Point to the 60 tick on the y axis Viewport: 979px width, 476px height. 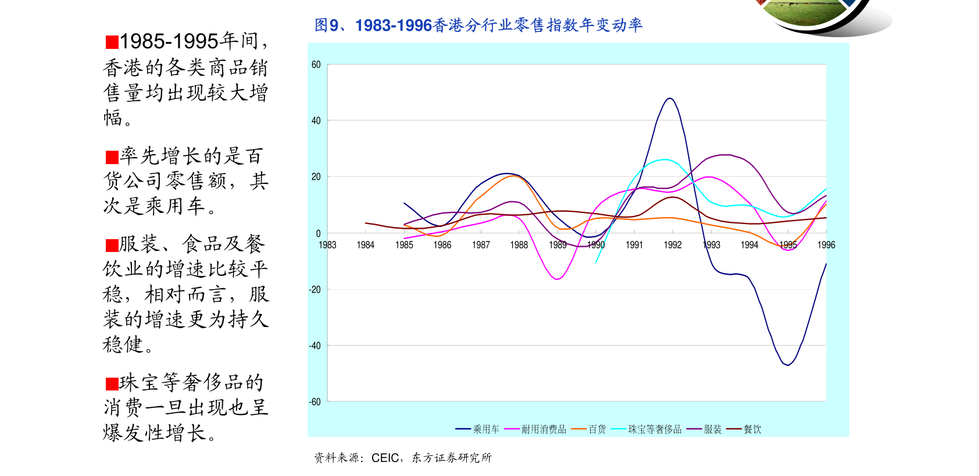316,65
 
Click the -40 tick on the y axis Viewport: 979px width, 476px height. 315,346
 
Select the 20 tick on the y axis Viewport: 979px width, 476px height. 316,177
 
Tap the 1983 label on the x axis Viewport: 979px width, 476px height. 327,245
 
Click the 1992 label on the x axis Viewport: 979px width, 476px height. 673,245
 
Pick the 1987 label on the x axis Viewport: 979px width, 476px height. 481,245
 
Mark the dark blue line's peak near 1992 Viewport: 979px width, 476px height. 670,98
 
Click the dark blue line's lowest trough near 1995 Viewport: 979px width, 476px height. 788,365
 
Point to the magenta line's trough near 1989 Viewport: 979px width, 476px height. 557,279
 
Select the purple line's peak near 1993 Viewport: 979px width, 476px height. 724,155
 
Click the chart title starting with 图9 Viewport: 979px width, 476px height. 478,25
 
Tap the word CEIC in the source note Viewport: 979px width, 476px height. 385,458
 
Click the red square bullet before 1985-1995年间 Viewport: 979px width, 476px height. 112,42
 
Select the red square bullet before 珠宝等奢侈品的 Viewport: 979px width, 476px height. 112,383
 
